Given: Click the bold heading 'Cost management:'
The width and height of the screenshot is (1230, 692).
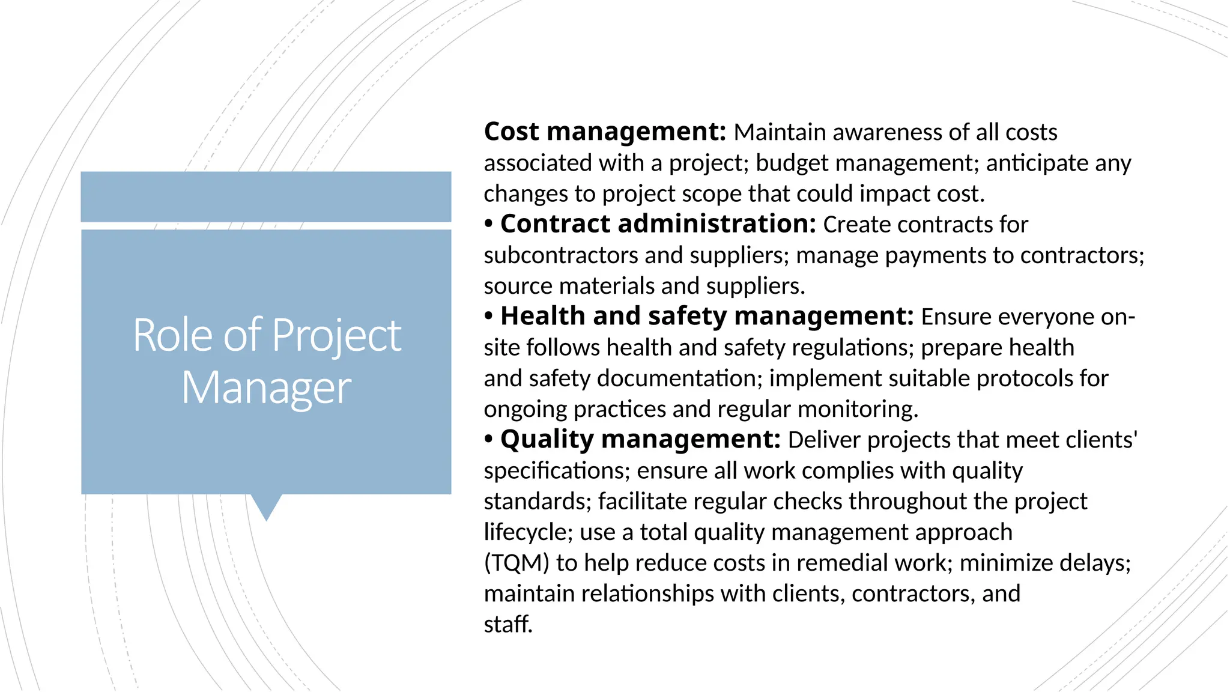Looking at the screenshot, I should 605,132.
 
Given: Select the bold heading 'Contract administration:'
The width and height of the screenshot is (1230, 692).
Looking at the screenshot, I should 658,224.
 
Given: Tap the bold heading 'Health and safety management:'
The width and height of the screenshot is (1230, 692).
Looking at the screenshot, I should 707,317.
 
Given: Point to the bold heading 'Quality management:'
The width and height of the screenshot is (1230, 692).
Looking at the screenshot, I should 640,440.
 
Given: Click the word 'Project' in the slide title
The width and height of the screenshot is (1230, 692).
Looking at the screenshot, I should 336,335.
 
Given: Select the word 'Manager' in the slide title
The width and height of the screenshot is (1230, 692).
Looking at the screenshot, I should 266,388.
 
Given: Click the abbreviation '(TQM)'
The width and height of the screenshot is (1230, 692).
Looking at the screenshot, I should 517,563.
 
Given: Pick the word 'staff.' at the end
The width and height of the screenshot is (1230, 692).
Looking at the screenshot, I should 508,624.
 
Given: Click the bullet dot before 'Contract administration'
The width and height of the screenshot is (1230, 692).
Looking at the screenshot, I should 489,225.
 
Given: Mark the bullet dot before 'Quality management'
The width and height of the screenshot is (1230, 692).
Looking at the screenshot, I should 489,440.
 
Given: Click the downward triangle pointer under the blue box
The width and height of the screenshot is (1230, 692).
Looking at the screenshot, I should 266,506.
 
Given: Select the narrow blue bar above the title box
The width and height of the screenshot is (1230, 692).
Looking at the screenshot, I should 266,196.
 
